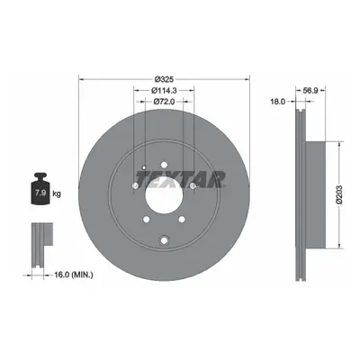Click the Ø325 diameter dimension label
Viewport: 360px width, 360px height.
tap(164, 79)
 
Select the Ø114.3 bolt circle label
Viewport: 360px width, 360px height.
tap(164, 90)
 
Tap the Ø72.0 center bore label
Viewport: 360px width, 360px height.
tap(164, 102)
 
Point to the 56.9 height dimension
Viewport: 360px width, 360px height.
tap(310, 90)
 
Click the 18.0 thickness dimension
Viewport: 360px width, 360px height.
tap(277, 102)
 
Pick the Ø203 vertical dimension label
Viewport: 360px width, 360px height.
tap(338, 194)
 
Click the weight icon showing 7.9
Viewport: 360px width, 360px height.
tap(40, 189)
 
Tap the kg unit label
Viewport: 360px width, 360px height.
tap(57, 193)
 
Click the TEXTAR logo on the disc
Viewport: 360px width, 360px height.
tap(181, 180)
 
